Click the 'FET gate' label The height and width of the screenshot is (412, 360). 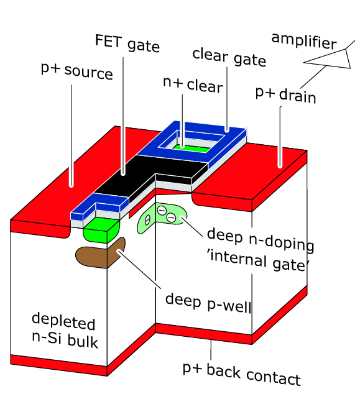[127, 45]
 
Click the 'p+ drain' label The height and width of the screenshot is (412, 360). [286, 95]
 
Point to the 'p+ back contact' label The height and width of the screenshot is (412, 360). [241, 375]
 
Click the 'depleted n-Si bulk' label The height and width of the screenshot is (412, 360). [64, 332]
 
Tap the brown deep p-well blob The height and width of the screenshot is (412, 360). [99, 253]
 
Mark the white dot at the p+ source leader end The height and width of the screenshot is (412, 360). [72, 184]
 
